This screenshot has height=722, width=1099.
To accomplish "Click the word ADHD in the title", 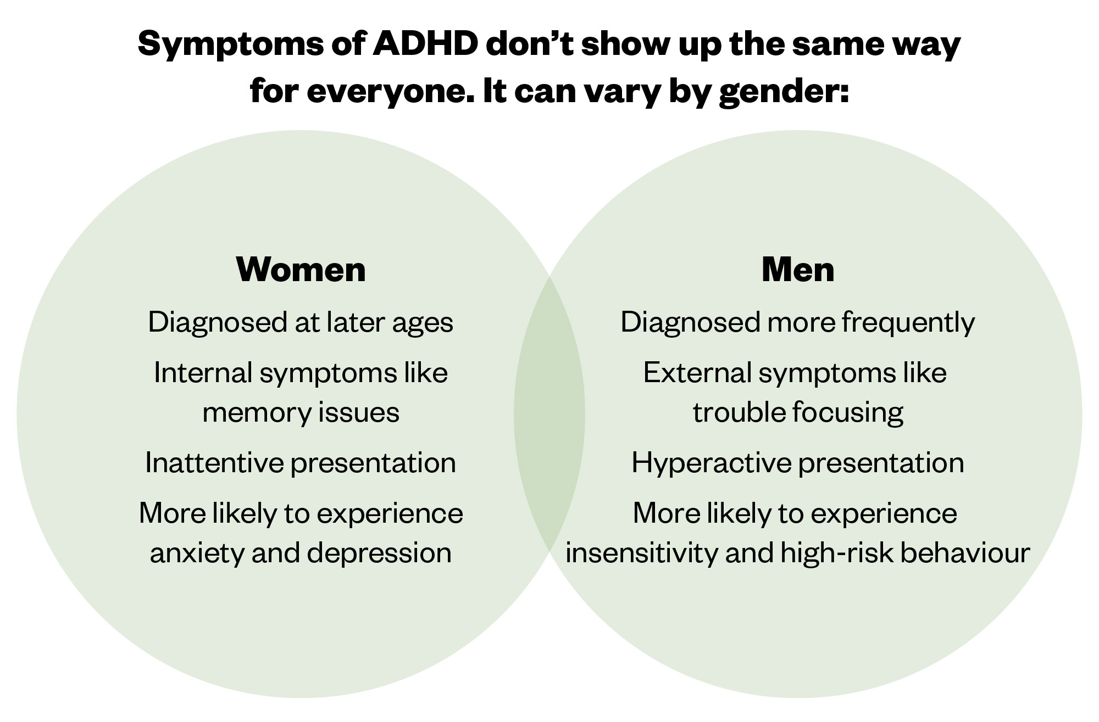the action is point(425,44).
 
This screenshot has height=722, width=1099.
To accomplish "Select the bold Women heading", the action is point(301,270).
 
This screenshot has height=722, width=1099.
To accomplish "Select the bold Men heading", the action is point(798,270).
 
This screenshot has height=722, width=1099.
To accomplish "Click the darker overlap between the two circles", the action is point(549,415).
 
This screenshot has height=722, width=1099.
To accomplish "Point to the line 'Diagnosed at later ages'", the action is point(301,323).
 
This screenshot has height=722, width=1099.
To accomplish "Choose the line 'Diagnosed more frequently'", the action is point(798,323).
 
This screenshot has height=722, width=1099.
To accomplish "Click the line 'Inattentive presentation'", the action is point(301,462).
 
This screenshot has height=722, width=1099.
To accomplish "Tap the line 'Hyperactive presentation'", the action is point(798,463).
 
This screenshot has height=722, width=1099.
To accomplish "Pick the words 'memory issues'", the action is point(301,412).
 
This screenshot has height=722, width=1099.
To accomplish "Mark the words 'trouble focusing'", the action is point(798,413).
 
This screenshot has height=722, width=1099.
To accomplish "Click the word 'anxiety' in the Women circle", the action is point(197,553).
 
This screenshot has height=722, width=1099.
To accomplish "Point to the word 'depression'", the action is point(379,553).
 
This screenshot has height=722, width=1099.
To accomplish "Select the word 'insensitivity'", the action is point(641,552).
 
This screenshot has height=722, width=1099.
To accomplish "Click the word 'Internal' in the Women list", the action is point(203,373).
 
